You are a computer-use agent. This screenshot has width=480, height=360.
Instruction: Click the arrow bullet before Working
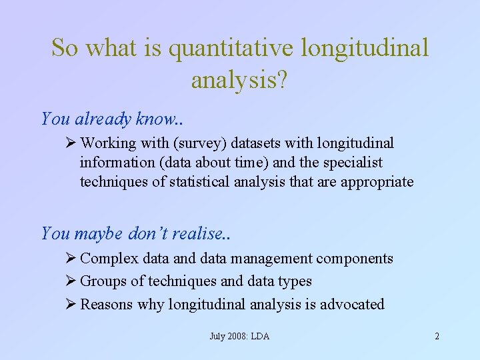[x=72, y=143]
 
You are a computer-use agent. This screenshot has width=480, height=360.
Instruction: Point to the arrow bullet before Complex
[x=72, y=259]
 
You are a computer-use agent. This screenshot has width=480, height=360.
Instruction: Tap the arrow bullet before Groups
[x=72, y=281]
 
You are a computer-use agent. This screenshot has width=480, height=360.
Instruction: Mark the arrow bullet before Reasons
[x=72, y=305]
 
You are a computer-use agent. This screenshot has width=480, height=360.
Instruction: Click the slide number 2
[x=437, y=336]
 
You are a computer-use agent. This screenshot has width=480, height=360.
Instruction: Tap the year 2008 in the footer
[x=235, y=336]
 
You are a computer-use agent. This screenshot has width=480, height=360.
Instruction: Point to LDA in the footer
[x=260, y=336]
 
